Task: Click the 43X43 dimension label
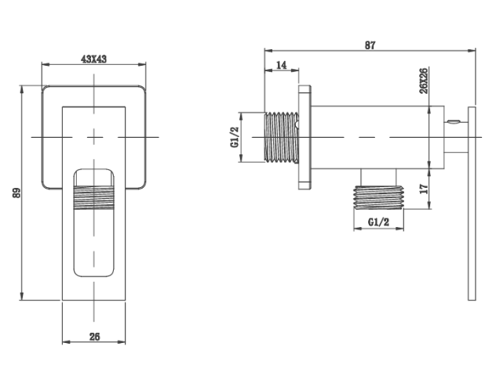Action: point(95,59)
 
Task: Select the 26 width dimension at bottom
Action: point(94,337)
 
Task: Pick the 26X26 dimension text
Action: point(424,81)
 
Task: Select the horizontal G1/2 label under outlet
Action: point(379,222)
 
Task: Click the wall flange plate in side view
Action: point(303,137)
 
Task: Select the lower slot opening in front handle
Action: point(94,243)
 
